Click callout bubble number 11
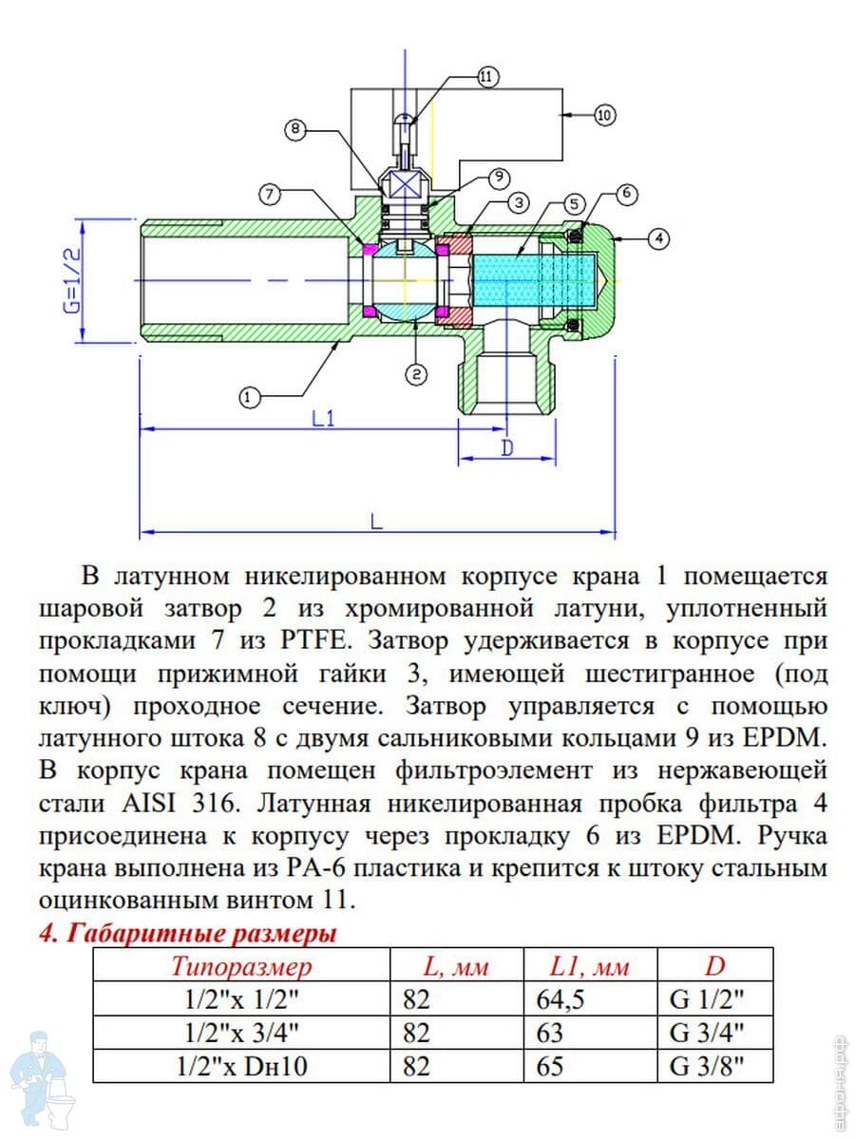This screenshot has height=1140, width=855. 487,78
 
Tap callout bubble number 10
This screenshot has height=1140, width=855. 605,116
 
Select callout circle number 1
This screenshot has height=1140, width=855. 250,398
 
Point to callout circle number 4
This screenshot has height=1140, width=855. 658,238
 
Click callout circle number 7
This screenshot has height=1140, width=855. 270,195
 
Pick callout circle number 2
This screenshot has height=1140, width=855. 416,373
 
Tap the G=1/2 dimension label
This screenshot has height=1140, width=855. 72,279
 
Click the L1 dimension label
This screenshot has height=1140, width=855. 323,417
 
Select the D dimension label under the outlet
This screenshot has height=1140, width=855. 506,447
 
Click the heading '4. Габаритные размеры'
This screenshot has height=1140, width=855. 187,934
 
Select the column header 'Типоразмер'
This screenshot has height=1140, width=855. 241,967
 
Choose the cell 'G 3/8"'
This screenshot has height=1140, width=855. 707,1066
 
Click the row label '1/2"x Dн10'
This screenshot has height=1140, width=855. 241,1066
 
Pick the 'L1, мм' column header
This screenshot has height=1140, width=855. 590,967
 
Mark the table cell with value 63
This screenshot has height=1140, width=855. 550,1033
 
